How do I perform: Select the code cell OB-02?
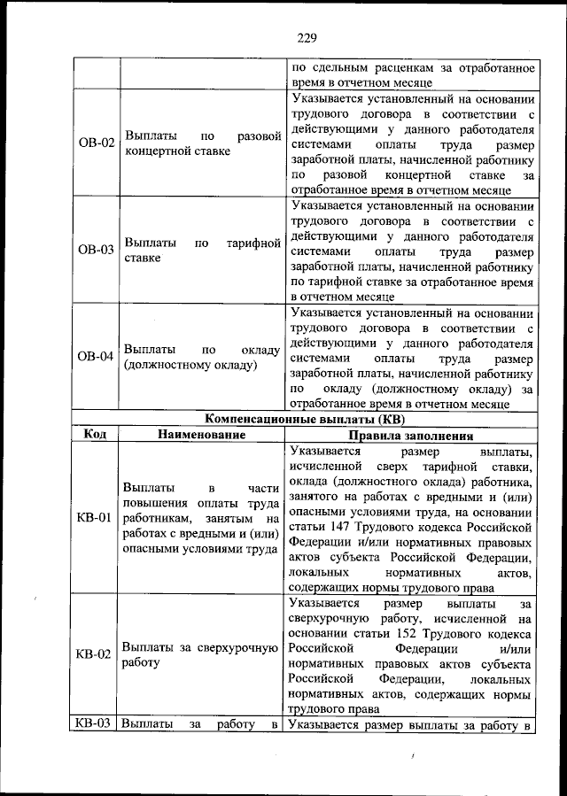(x=95, y=143)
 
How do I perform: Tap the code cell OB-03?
(x=95, y=250)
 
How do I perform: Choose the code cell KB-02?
(x=93, y=654)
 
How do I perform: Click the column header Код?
(x=95, y=435)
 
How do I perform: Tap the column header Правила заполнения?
(x=411, y=435)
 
